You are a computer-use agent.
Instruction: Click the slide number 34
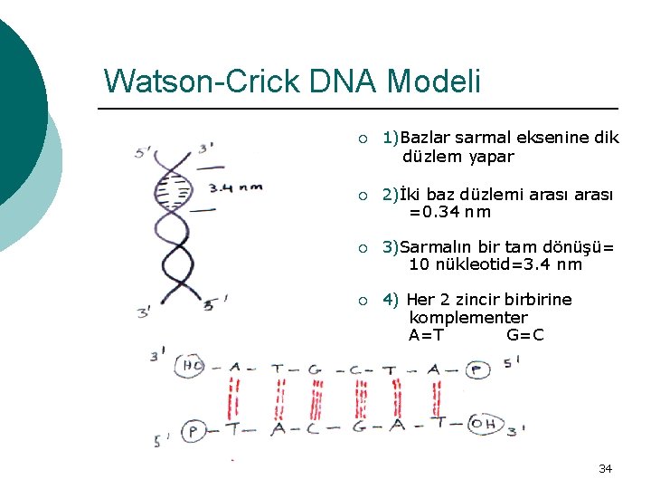tap(605, 469)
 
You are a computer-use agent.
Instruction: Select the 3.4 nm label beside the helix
tap(235, 188)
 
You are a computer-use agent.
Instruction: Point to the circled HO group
tap(193, 366)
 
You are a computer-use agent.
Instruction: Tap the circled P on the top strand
tap(478, 369)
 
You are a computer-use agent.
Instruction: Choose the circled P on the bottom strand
tap(192, 431)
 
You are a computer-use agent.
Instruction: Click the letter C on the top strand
tap(356, 369)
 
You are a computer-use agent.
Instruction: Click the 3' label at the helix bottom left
tap(143, 313)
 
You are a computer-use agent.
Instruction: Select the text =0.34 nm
tap(449, 212)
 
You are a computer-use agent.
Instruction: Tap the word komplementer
tap(467, 318)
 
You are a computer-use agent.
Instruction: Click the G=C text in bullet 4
tap(525, 336)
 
